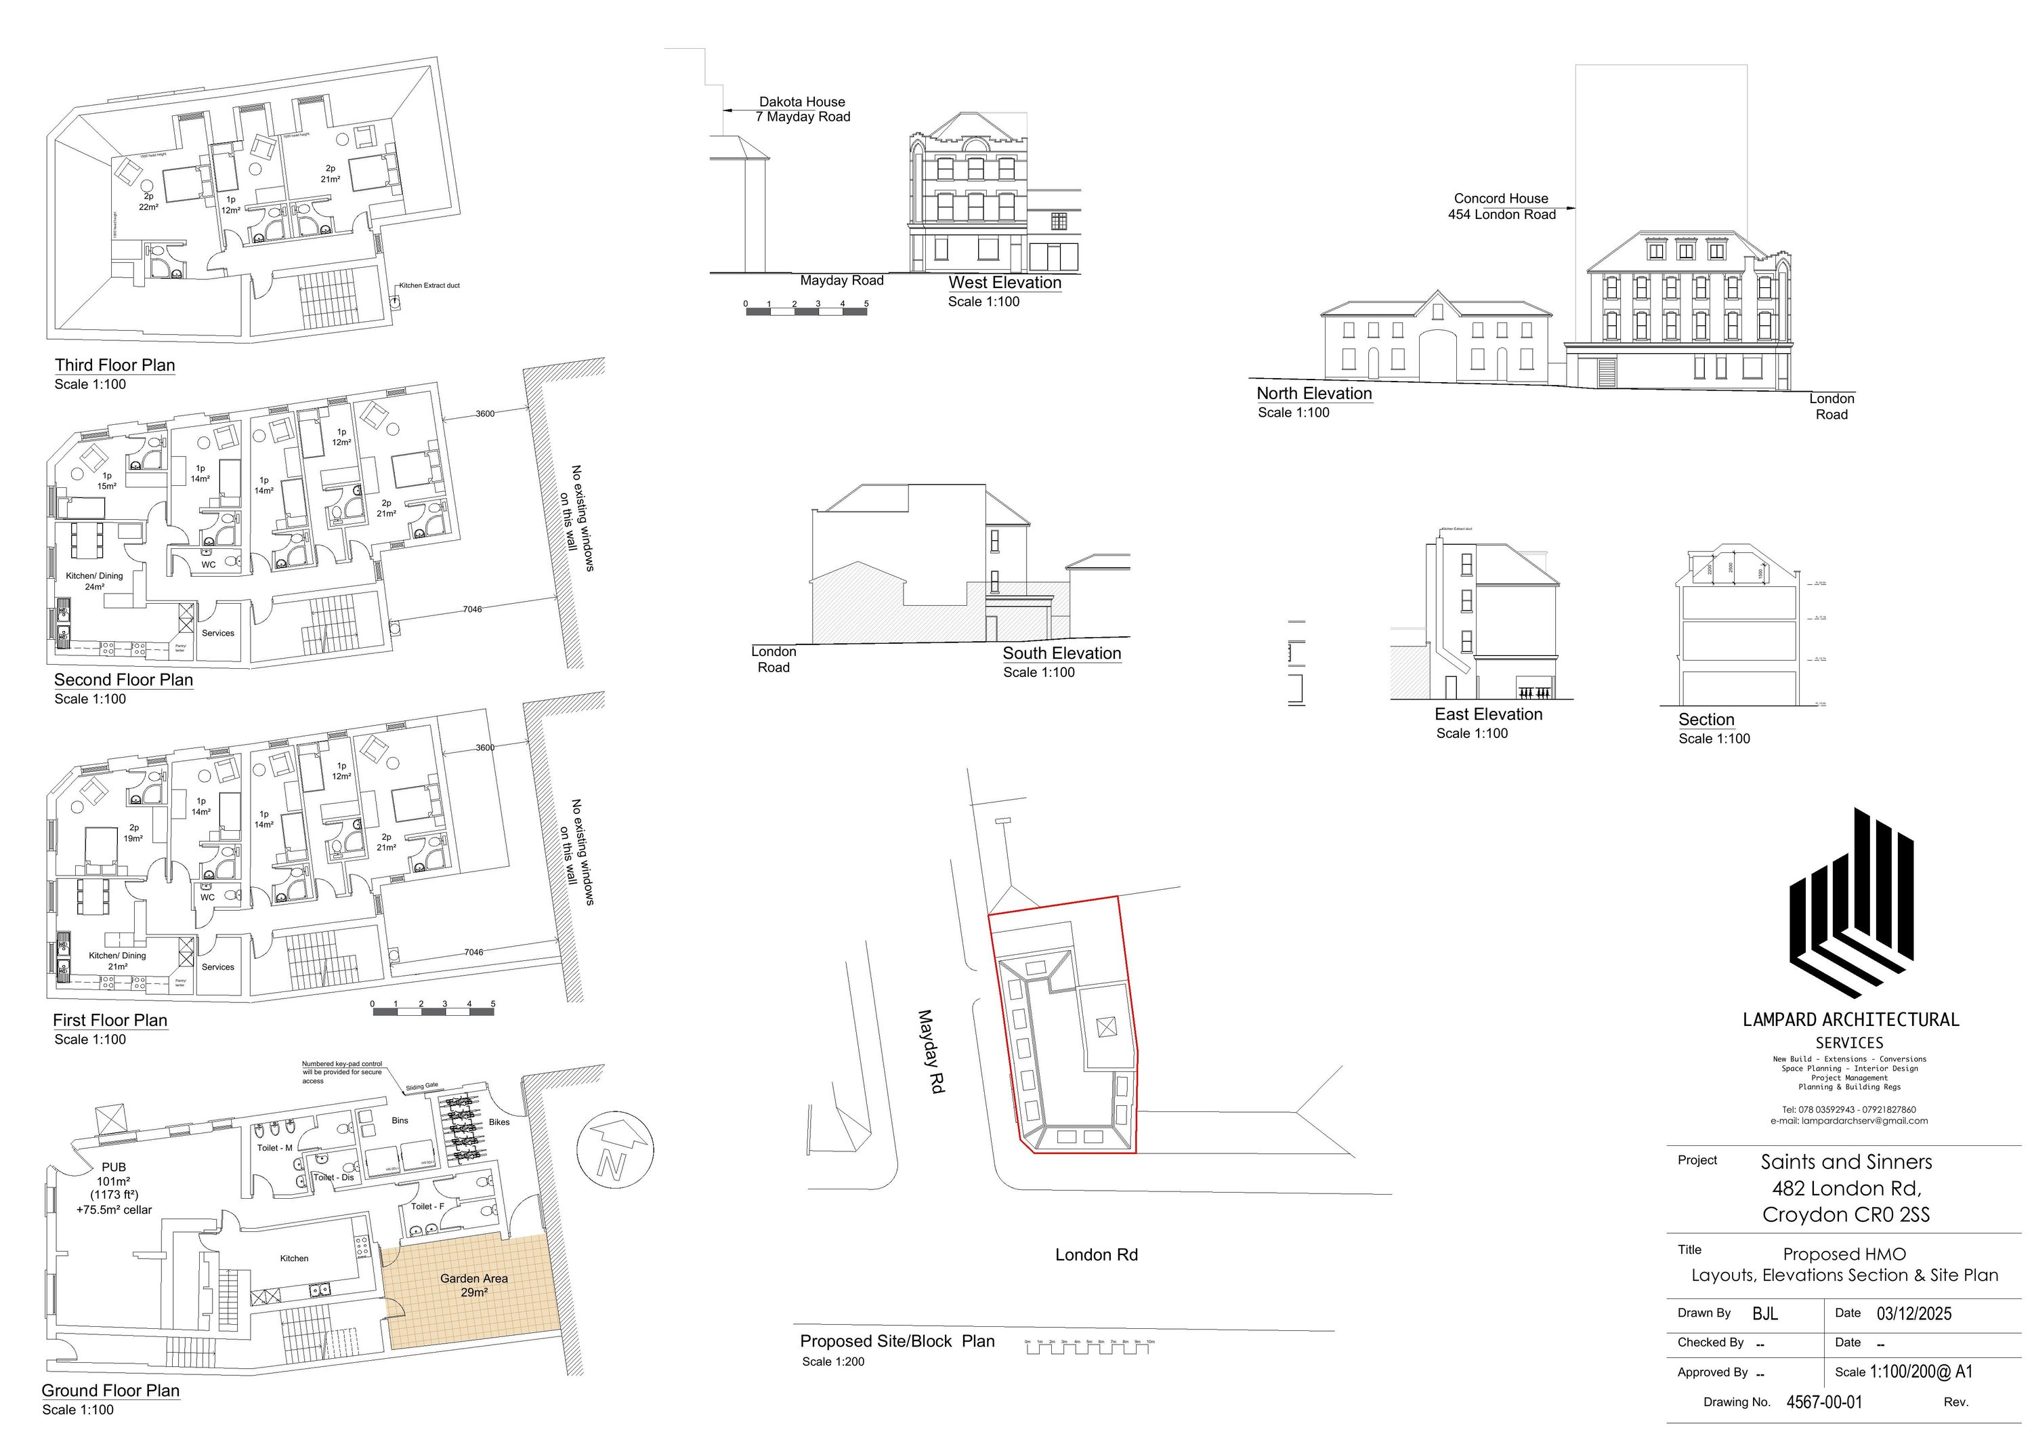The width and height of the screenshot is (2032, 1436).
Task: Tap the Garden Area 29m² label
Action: (473, 1285)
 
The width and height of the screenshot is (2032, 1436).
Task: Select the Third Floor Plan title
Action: (115, 365)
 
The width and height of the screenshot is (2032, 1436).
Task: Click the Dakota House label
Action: (802, 102)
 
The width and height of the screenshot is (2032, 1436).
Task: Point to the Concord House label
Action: (1501, 199)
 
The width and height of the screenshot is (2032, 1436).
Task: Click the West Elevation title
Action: (1004, 283)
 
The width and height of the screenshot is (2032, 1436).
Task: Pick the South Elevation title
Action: (1061, 653)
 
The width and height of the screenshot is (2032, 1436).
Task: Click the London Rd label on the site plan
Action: (1096, 1254)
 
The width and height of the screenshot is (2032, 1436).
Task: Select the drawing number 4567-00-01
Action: (1824, 1401)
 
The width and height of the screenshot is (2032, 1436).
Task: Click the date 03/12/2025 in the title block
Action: (1914, 1314)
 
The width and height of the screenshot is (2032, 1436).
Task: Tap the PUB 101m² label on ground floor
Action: (114, 1187)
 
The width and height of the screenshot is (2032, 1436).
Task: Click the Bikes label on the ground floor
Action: (499, 1122)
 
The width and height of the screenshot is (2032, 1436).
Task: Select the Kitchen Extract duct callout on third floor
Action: (429, 285)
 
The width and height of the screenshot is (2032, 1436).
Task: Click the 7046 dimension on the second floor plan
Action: (473, 609)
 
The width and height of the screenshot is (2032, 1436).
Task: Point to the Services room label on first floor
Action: (217, 967)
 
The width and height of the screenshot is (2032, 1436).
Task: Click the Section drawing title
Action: (1706, 720)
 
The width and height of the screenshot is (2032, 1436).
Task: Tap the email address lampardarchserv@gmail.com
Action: (1849, 1121)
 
